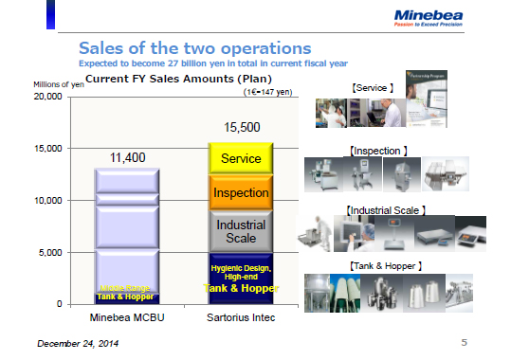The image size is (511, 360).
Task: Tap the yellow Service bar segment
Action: (241, 159)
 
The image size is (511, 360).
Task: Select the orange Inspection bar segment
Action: (241, 193)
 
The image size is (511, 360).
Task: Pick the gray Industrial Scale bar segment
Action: (241, 231)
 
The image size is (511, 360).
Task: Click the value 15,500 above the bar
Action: (241, 127)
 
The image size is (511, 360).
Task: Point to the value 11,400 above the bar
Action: (127, 157)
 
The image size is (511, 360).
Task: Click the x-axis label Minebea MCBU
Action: (127, 317)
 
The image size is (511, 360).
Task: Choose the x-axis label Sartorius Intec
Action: (241, 317)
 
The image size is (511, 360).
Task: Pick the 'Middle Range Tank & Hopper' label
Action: (127, 292)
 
